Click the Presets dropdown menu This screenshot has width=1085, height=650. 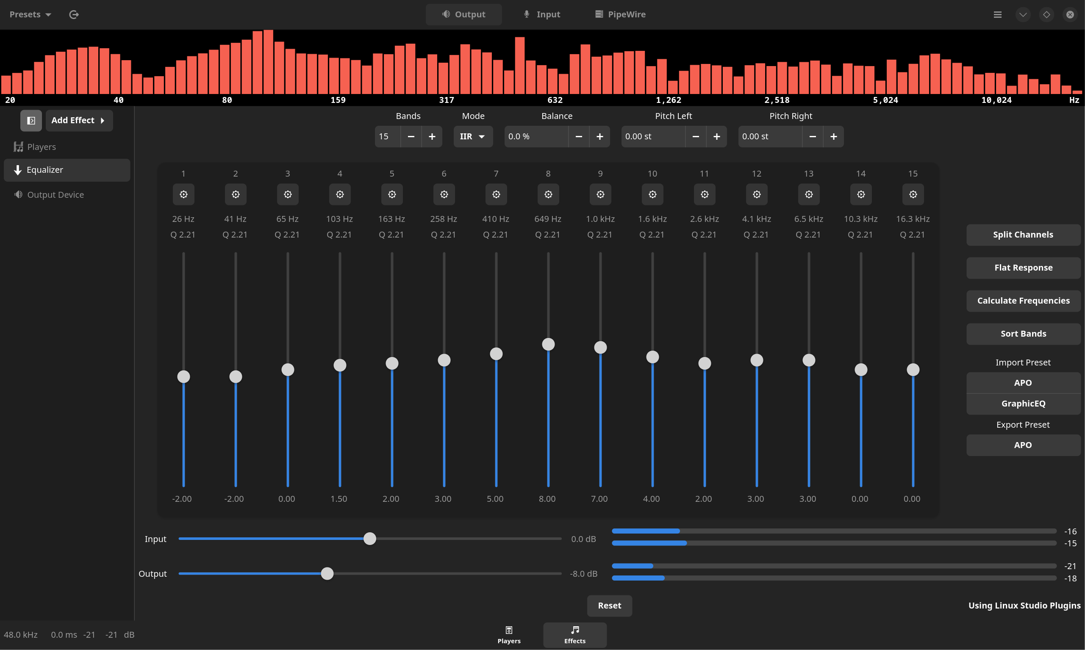pos(30,14)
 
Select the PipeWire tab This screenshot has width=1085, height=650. pos(620,14)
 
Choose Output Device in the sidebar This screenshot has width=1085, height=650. pos(55,194)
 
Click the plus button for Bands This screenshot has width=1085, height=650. pos(432,137)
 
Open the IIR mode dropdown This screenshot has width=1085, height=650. pos(472,137)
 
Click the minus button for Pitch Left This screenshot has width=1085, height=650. pos(695,137)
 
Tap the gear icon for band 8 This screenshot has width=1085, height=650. pos(548,194)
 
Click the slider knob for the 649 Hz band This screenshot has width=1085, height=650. pos(548,344)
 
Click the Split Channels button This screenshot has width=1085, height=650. pos(1023,235)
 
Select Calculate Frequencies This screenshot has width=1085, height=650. pos(1023,301)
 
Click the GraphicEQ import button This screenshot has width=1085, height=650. pos(1023,404)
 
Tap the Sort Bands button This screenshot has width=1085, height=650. pos(1023,334)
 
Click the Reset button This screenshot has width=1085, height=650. pos(609,606)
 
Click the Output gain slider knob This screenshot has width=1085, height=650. pos(327,573)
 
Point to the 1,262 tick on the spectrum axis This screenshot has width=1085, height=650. pos(668,100)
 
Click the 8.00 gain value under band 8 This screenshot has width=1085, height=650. pos(547,499)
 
